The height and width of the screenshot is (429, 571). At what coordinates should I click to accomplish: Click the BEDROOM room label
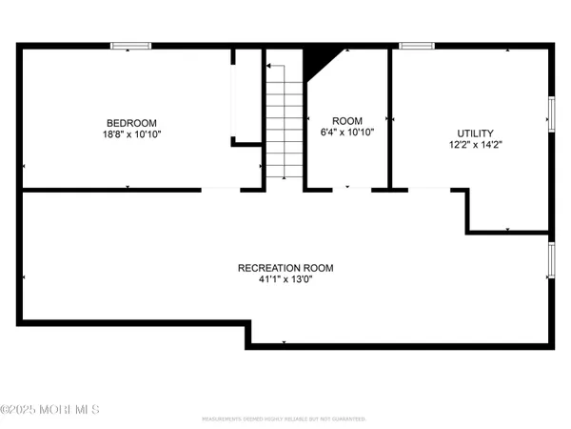click(131, 122)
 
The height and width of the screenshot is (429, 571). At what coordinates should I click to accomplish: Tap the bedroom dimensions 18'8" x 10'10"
click(131, 135)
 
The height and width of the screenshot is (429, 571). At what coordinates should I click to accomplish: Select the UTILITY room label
click(476, 133)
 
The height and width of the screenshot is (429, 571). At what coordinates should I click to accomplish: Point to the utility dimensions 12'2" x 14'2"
click(476, 146)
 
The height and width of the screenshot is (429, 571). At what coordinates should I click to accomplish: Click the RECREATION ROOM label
click(285, 268)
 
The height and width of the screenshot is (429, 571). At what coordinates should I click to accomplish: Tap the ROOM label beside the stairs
click(347, 120)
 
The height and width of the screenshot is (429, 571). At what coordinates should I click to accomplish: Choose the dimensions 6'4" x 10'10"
click(347, 133)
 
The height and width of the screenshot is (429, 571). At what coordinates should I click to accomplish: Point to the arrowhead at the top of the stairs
click(268, 66)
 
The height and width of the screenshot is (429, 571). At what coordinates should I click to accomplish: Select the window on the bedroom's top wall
click(131, 46)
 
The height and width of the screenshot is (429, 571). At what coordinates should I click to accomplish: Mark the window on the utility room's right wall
click(551, 112)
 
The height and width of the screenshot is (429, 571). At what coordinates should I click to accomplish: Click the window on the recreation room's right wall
click(551, 258)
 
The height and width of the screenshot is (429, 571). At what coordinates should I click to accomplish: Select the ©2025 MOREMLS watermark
click(49, 410)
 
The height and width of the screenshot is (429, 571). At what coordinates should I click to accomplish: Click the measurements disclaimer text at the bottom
click(285, 419)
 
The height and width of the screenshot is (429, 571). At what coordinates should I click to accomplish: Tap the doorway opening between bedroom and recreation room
click(221, 190)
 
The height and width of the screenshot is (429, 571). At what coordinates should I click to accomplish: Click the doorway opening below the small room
click(351, 190)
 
